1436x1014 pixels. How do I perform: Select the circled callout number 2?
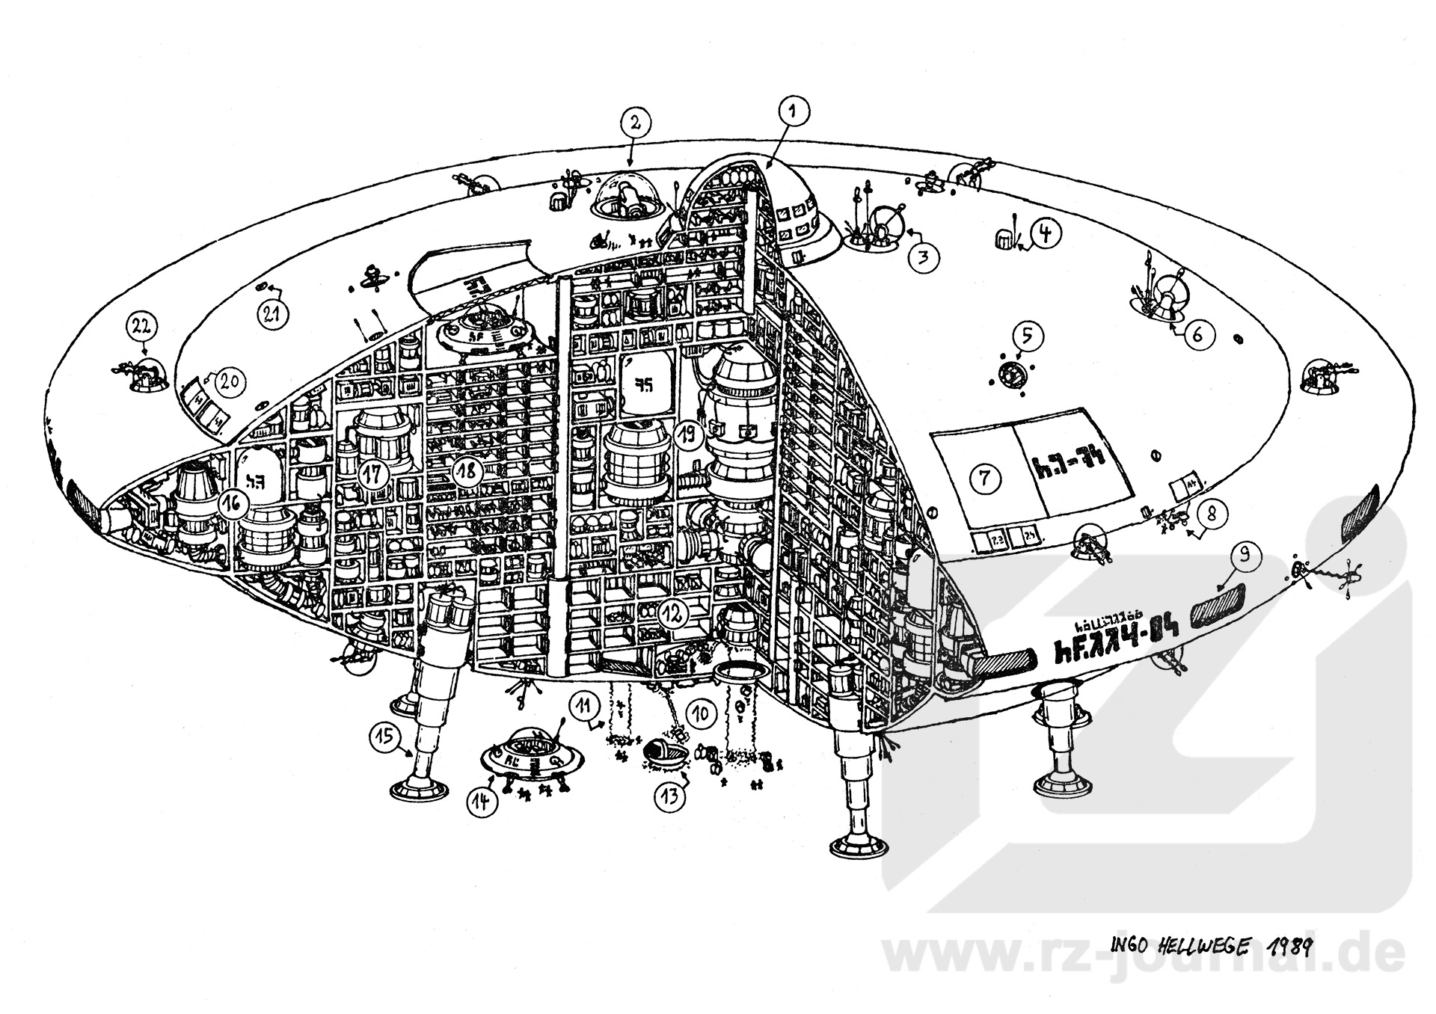634,122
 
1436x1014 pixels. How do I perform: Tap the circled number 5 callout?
1028,337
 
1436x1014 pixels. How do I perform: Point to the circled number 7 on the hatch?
985,477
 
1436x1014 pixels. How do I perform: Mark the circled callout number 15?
385,737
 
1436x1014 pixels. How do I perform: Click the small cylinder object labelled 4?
1002,239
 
